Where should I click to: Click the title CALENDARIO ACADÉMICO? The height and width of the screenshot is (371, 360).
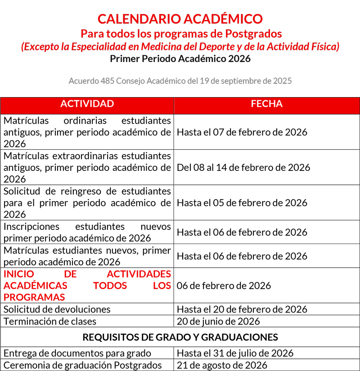click(x=180, y=19)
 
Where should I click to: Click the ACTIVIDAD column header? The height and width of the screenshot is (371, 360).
click(x=87, y=104)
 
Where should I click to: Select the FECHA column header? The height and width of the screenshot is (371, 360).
click(x=266, y=104)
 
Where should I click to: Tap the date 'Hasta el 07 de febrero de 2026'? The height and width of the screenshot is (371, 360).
click(x=242, y=132)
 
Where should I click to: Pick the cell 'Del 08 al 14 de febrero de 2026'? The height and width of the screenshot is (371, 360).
click(x=243, y=167)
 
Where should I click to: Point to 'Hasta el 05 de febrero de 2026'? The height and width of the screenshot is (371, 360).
click(x=242, y=202)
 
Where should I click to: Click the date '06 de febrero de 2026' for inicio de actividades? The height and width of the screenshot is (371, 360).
click(x=224, y=286)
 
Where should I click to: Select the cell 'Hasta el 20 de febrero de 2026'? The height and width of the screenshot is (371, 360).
click(x=242, y=309)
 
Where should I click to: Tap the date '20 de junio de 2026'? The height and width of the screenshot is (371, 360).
click(x=218, y=321)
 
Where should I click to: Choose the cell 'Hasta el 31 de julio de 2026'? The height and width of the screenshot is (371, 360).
click(x=235, y=353)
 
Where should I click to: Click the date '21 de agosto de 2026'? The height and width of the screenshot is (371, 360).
click(x=222, y=365)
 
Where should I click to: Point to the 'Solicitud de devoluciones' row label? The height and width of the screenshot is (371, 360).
click(x=57, y=309)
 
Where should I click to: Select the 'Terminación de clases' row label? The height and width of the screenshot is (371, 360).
click(x=50, y=321)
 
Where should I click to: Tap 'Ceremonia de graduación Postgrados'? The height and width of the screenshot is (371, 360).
click(x=82, y=365)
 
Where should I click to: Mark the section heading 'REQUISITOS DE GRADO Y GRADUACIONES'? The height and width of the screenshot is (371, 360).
click(x=180, y=337)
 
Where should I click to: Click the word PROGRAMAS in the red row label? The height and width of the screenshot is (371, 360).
click(x=34, y=297)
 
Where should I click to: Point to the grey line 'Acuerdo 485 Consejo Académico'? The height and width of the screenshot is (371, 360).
click(x=180, y=81)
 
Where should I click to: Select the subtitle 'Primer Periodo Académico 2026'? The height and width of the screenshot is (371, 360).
click(x=180, y=58)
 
